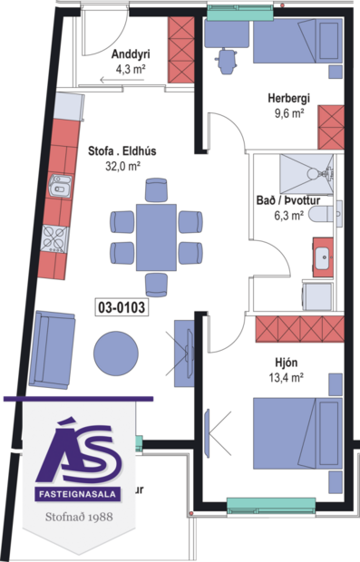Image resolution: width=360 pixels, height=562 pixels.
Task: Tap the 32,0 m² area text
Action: tap(122, 167)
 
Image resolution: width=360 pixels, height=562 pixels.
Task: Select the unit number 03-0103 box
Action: tap(121, 307)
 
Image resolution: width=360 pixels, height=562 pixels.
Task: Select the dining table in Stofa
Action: tap(156, 237)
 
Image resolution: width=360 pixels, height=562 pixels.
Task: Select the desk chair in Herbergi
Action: tap(225, 59)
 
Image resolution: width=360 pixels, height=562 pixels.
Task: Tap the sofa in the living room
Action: tap(51, 349)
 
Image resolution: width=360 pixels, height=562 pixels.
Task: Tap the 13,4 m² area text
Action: tap(288, 378)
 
